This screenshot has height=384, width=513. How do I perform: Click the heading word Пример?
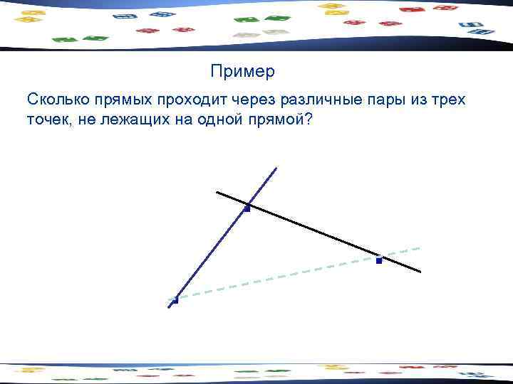pyautogui.click(x=242, y=72)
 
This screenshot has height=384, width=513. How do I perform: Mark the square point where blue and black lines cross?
pyautogui.click(x=247, y=208)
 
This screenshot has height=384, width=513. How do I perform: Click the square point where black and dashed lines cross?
pyautogui.click(x=379, y=260)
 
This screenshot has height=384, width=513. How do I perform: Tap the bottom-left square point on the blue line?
pyautogui.click(x=175, y=300)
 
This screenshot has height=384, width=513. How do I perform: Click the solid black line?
pyautogui.click(x=313, y=231)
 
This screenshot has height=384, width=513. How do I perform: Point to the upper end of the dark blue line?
pyautogui.click(x=276, y=167)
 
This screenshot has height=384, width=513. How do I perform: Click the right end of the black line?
pyautogui.click(x=420, y=271)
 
